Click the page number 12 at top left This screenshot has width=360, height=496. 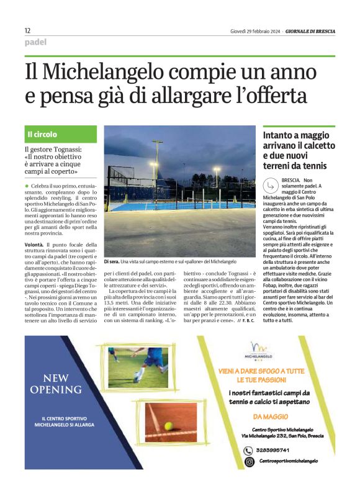tap(27, 30)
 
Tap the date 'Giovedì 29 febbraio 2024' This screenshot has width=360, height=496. tap(254, 31)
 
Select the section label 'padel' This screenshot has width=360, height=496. tap(35, 43)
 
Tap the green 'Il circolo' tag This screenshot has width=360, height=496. tap(42, 134)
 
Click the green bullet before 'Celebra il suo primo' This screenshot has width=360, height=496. tap(27, 186)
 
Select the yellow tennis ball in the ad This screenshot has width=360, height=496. tap(168, 426)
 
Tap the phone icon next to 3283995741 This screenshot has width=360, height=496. tap(248, 451)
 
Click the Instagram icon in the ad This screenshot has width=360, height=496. tap(248, 462)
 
